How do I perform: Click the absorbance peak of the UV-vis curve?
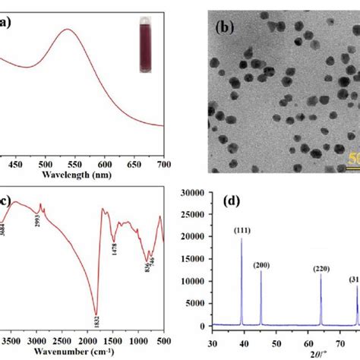tap(68, 30)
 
